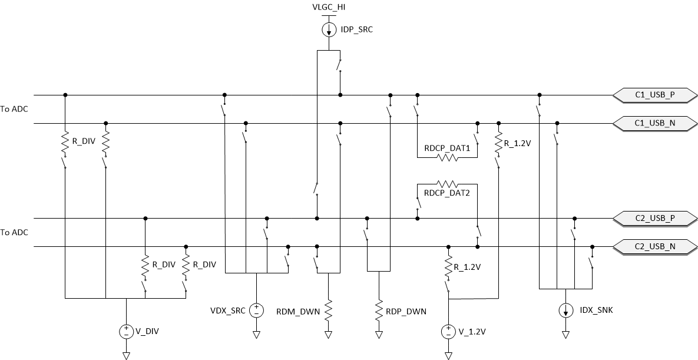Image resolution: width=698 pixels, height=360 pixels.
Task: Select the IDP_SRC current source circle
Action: pos(328,29)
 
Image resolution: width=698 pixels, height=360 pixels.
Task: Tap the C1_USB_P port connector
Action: pos(655,95)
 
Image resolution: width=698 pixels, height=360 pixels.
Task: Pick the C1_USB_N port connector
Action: pos(655,123)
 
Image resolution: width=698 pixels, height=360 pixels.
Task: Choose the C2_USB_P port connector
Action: pos(655,218)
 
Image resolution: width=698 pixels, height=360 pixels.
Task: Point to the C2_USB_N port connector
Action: pos(655,246)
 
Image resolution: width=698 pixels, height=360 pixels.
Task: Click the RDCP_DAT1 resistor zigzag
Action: pos(446,158)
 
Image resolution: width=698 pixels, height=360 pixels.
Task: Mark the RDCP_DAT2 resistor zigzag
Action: pos(446,184)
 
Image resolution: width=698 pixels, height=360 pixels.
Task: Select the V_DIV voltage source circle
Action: pos(126,331)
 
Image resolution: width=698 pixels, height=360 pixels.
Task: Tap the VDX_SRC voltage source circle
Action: pos(256,310)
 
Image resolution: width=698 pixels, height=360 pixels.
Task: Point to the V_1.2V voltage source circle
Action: pos(448,331)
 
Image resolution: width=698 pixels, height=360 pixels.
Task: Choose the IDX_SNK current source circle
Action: pos(565,310)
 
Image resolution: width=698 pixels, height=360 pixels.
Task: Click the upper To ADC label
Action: pos(14,109)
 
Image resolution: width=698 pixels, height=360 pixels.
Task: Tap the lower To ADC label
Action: pos(14,232)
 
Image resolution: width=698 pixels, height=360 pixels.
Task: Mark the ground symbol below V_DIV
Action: pos(126,355)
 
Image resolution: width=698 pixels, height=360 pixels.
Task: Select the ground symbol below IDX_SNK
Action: pos(565,335)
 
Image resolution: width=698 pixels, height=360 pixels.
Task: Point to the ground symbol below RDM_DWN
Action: pos(328,335)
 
